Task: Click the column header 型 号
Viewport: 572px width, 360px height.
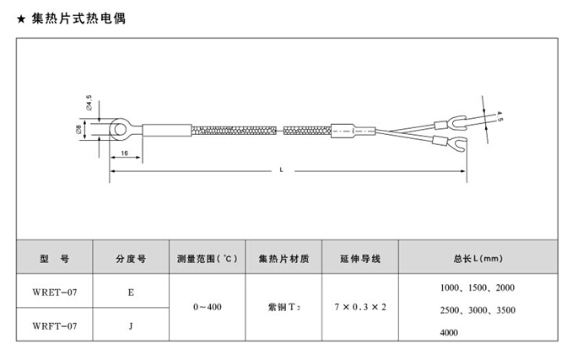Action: tap(53, 258)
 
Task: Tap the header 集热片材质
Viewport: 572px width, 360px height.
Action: tap(283, 258)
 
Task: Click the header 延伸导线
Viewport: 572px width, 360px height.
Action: tap(360, 258)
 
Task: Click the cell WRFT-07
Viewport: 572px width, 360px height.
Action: tap(54, 325)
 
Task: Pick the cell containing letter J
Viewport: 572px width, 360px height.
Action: tap(131, 325)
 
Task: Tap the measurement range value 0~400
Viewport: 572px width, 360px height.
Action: tap(207, 308)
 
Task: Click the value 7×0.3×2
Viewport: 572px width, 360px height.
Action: tap(360, 308)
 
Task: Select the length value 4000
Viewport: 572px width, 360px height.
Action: tap(450, 333)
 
